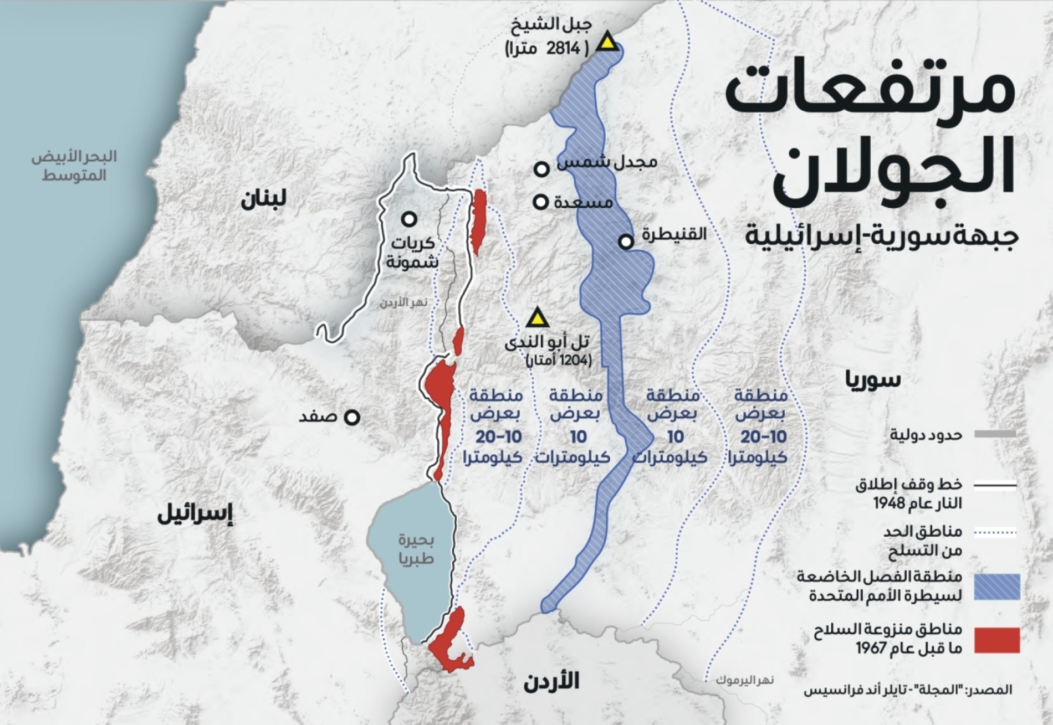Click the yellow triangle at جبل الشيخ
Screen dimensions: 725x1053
(608, 43)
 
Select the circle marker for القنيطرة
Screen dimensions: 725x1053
(626, 242)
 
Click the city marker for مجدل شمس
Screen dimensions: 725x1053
(541, 169)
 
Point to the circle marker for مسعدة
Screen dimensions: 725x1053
(541, 202)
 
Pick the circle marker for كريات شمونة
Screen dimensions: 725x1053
(410, 219)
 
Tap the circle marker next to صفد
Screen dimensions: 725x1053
(352, 417)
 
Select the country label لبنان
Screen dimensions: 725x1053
(263, 199)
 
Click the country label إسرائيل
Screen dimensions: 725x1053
(195, 515)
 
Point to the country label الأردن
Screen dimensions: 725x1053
(551, 681)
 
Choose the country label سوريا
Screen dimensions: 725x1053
(873, 379)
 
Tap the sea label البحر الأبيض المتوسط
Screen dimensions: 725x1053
(74, 166)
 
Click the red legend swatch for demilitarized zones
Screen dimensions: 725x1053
(997, 640)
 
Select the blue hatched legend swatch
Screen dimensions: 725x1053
(997, 587)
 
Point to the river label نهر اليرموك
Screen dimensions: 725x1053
(744, 680)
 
